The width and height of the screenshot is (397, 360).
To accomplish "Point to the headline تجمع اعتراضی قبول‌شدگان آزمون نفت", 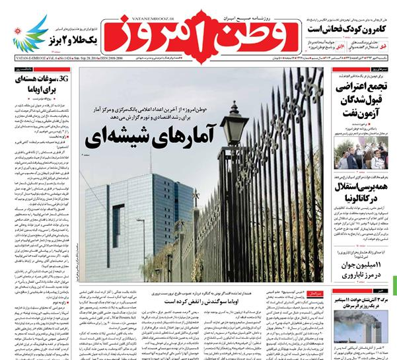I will click(360, 98).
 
